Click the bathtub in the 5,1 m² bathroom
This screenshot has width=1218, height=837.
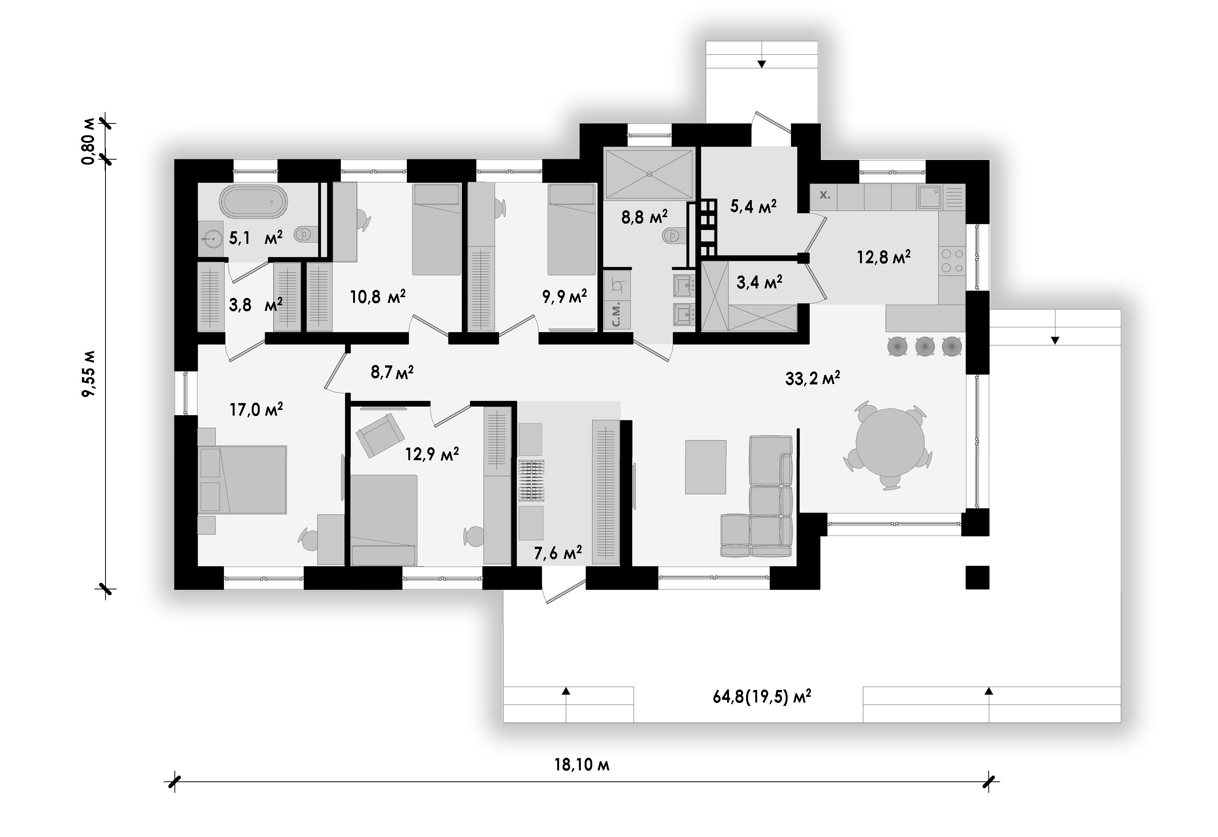253,201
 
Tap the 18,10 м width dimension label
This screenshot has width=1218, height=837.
582,765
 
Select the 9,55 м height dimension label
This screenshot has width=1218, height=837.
89,374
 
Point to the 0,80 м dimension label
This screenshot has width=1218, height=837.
89,142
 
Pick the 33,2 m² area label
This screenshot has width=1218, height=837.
813,378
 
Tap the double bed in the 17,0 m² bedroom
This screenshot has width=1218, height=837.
242,479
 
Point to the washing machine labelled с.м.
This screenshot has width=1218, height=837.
617,314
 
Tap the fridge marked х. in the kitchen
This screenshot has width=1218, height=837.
824,197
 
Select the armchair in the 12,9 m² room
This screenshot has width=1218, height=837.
380,435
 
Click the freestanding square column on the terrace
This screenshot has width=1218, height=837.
977,578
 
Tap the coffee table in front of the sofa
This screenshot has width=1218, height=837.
706,467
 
